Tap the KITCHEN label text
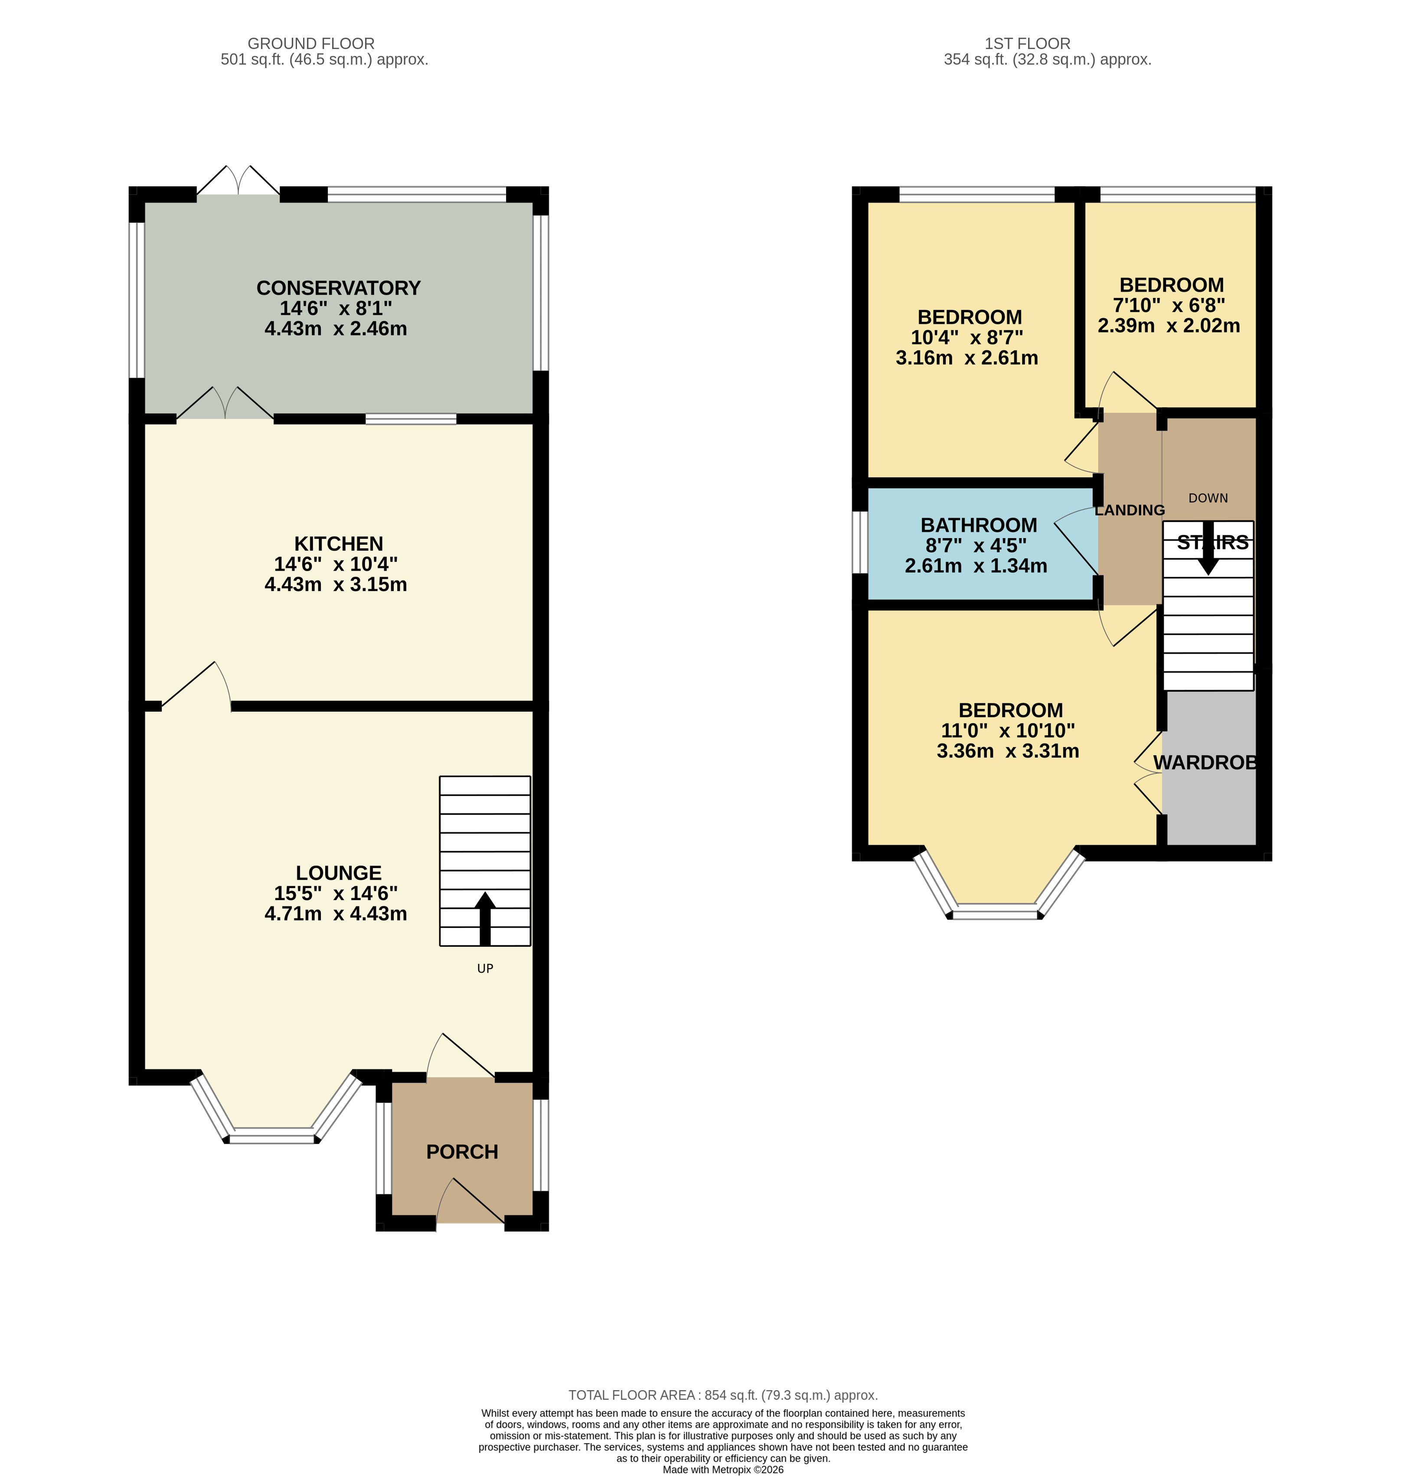click(x=338, y=544)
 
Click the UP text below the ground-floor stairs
click(x=485, y=969)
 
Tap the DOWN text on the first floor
click(x=1208, y=498)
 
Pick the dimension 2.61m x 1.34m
click(x=975, y=566)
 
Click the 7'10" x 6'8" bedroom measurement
click(x=1169, y=306)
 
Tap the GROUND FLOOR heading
click(x=310, y=43)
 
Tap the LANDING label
click(x=1129, y=510)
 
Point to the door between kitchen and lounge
click(x=196, y=686)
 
